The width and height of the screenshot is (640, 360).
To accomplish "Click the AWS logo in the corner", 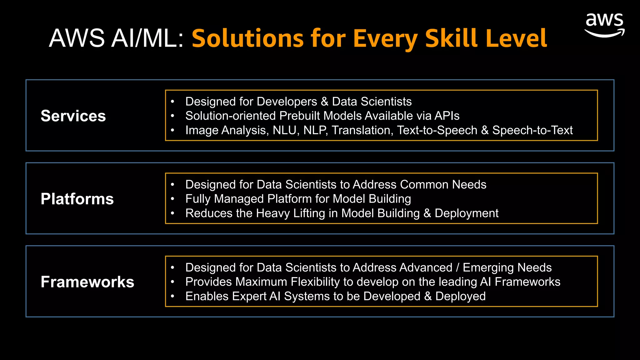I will pos(604,25).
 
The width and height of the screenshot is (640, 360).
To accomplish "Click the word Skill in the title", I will pos(451,38).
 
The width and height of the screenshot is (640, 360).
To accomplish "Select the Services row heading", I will pos(73,116).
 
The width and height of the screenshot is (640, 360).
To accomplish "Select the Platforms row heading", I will pos(77,199).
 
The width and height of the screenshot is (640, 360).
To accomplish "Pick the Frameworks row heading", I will pos(87,282).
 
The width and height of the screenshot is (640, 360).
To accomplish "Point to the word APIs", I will pos(447,116).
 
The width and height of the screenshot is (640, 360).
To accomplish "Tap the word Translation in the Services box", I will pos(362,130).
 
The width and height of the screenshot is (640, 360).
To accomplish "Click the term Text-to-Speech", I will pos(437,130).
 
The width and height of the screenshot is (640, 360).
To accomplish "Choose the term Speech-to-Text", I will pos(532,130).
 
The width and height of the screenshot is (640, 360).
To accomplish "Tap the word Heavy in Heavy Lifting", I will pos(273,213).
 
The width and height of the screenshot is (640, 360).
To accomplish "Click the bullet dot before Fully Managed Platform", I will pos(172,199).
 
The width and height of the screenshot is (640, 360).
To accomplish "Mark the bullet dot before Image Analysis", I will pos(172,130).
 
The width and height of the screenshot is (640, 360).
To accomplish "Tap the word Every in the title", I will pos(385,38).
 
